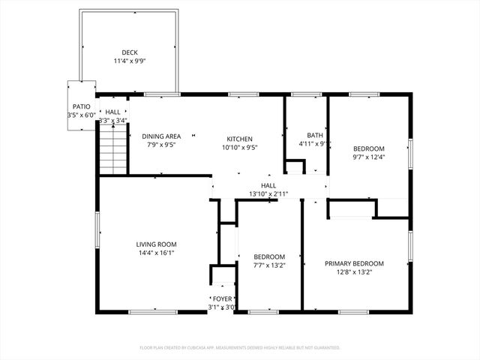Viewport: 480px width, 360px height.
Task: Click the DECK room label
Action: [130, 52]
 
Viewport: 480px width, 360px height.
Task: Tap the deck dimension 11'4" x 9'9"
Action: [130, 61]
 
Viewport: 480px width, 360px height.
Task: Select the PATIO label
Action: [82, 107]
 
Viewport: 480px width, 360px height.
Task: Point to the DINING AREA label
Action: [162, 136]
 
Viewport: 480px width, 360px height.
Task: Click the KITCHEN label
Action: [240, 139]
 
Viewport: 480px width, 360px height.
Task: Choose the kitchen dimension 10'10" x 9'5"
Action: [240, 148]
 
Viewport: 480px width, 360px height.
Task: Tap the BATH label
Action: [315, 135]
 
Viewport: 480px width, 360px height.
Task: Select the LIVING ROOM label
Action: [156, 244]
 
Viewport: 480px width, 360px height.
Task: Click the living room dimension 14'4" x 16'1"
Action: [156, 253]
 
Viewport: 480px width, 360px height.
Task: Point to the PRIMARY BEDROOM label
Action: [354, 263]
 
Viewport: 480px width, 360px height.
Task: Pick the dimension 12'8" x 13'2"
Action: [354, 272]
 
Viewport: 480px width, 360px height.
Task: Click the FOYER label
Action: [222, 298]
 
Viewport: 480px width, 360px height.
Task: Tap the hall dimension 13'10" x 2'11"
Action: [268, 193]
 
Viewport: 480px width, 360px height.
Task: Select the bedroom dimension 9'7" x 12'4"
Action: [369, 157]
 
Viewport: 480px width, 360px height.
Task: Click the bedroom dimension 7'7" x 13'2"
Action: [269, 265]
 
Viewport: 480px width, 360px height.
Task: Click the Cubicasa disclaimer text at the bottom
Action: [240, 348]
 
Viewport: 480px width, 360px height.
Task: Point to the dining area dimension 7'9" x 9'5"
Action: [162, 145]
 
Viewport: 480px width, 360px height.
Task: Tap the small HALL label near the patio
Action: [112, 112]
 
